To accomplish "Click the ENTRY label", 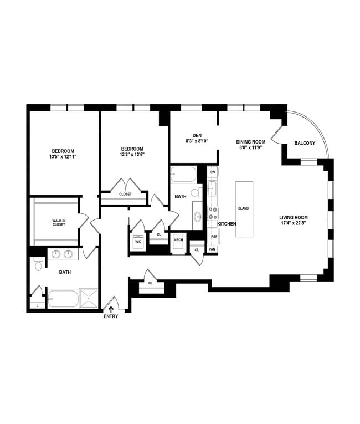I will click(x=110, y=316).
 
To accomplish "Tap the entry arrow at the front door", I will click(x=110, y=307).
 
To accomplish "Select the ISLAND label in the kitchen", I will click(x=243, y=208).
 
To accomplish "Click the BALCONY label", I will click(x=305, y=144).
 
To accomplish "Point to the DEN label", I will click(x=196, y=135).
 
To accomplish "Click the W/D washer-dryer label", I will click(x=138, y=242).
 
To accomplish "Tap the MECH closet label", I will click(x=178, y=239).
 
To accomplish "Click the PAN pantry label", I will click(x=212, y=249).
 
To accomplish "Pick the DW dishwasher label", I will click(x=212, y=172).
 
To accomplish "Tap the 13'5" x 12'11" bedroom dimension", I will click(x=63, y=157).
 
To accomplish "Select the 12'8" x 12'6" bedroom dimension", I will click(x=132, y=155).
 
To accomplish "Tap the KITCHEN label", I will click(x=227, y=224).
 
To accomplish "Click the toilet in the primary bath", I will click(x=38, y=266).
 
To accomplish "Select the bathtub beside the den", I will click(x=184, y=174).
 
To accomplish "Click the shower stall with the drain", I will click(x=88, y=298).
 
